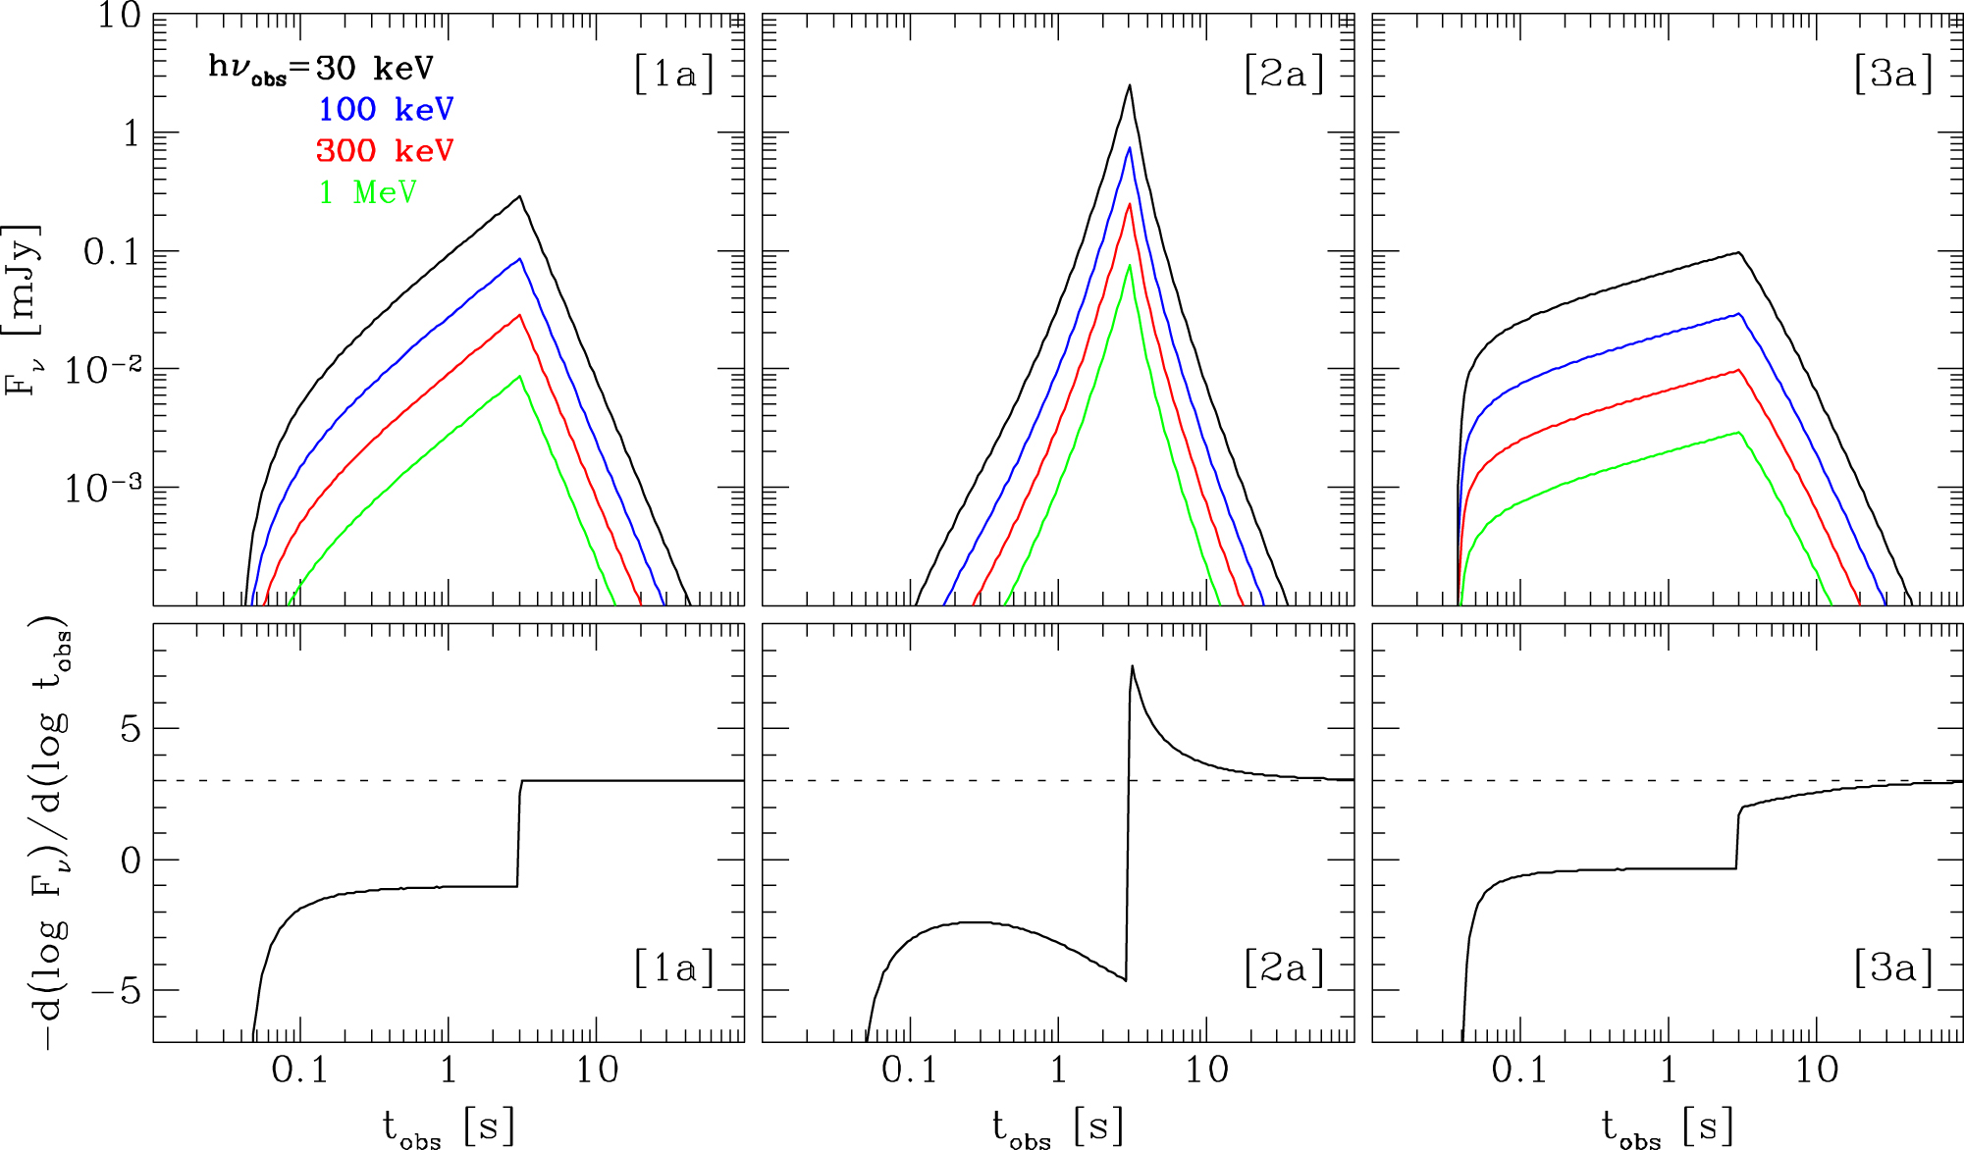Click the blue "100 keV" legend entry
click(386, 109)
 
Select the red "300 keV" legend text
click(385, 150)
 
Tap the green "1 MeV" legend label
click(368, 191)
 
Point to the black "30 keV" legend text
click(374, 68)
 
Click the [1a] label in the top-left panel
click(673, 74)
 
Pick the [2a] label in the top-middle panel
click(1283, 74)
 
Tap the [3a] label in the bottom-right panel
click(1893, 967)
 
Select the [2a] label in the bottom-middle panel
click(1283, 967)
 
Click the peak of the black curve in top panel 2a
click(1130, 85)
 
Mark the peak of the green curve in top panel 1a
click(519, 376)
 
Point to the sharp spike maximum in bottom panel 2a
click(1132, 666)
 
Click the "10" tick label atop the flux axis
click(119, 16)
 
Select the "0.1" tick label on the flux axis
click(112, 252)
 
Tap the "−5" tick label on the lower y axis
click(116, 991)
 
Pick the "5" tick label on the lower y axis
click(131, 729)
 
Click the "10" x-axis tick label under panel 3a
click(1817, 1070)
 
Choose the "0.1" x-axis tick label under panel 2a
click(909, 1070)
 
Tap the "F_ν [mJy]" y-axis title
click(24, 309)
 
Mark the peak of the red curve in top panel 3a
click(1738, 370)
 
